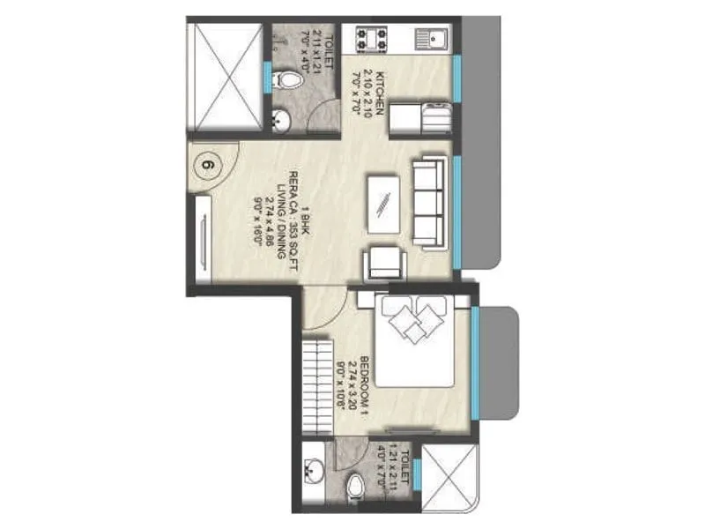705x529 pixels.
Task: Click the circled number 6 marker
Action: tap(209, 166)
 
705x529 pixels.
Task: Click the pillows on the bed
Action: tap(412, 320)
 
